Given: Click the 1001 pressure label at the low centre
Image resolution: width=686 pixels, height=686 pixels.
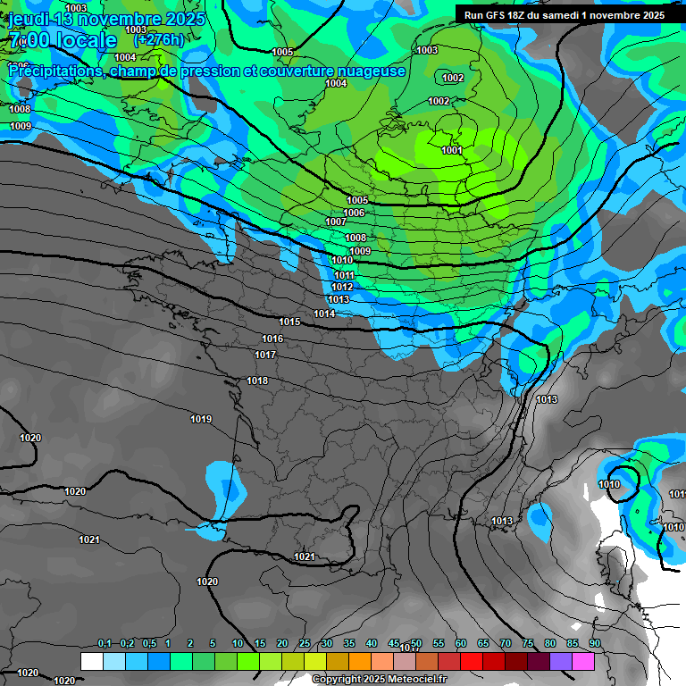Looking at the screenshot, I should coord(452,150).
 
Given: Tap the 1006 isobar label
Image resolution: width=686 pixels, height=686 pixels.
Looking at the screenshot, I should coord(355,213).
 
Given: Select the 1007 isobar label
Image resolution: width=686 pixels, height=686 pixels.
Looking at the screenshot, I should coord(336,222).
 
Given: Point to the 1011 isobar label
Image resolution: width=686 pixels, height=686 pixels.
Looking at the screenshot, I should coord(345,275).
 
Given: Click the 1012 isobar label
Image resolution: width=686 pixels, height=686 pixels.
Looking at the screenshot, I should coord(342,287).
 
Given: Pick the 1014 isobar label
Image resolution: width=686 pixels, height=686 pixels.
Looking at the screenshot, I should coord(324,314).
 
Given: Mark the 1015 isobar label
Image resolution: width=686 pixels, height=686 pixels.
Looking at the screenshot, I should coord(289,322).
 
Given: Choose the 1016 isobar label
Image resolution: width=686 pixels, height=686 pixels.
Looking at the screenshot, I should coord(272,339).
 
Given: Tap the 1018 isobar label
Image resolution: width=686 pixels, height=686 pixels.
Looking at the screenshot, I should coord(257,381).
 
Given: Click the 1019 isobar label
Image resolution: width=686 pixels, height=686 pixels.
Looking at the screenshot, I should coord(201,418).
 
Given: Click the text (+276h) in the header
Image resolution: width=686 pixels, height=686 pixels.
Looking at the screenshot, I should coord(158,40).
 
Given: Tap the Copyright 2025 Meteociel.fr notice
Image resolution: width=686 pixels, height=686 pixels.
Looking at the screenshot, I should coord(379,680).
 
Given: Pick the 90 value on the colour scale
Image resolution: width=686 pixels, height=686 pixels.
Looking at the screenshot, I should coord(594,643).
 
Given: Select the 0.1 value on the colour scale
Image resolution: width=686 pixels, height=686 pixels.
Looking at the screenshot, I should coord(105,643).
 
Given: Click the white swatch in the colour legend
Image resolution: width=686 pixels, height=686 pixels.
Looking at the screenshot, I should coord(91,661).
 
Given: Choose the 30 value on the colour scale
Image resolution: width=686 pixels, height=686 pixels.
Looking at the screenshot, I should coord(327,643).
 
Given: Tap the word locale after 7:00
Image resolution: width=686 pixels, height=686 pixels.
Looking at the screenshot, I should coord(86,40).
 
